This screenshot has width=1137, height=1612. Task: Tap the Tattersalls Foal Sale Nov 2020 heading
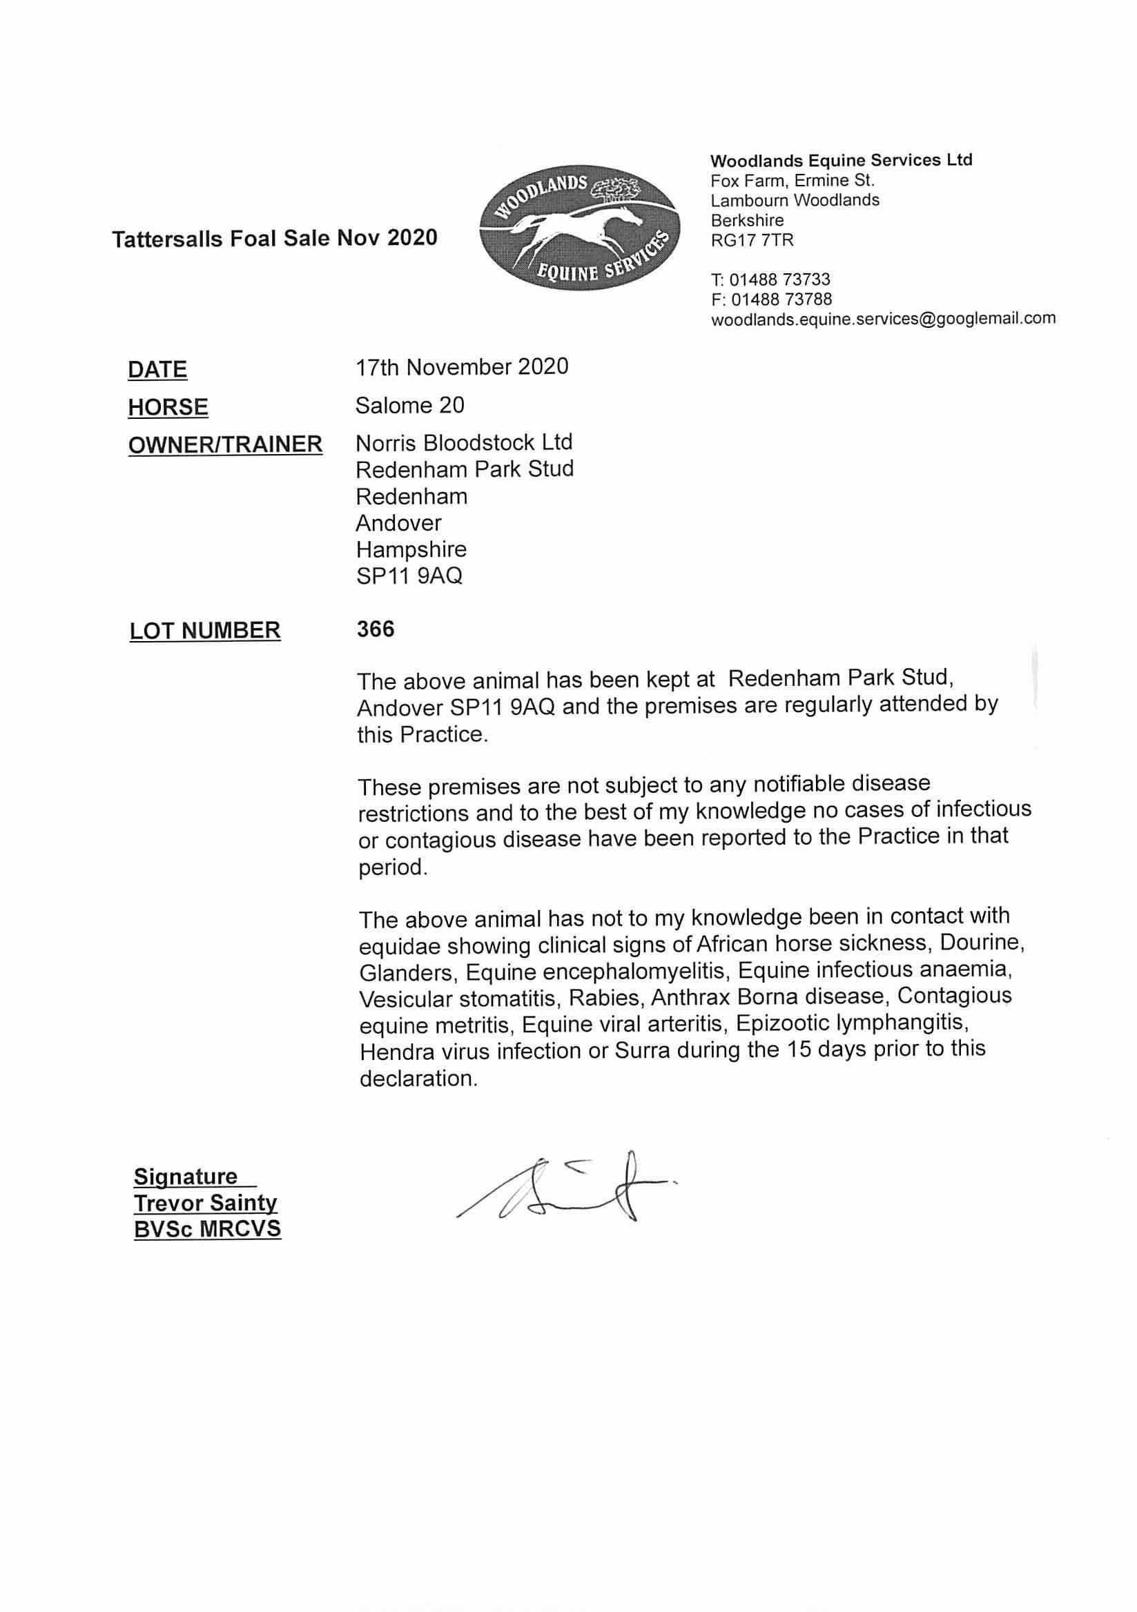point(275,239)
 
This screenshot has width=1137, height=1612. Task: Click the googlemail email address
point(883,319)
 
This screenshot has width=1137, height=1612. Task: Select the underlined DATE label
point(157,369)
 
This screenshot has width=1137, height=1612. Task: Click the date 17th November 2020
point(461,366)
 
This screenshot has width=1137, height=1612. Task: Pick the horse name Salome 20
point(410,405)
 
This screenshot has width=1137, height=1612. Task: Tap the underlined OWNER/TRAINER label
point(226,444)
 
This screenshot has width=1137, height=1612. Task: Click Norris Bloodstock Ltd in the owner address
point(463,442)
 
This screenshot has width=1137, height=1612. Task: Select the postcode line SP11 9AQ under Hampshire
point(409,576)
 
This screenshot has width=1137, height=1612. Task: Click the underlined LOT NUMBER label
point(205,631)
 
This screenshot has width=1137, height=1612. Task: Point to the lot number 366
point(376,629)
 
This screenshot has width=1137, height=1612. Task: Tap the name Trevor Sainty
point(205,1203)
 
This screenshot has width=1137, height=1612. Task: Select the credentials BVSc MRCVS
point(207,1228)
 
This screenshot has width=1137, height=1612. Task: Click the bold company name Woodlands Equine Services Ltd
point(842,160)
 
